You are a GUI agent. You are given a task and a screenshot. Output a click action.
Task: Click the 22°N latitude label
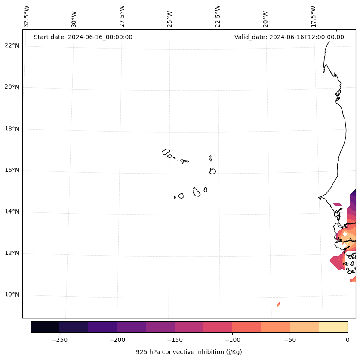coord(12,46)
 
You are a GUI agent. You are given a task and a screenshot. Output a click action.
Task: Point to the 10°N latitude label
coord(12,295)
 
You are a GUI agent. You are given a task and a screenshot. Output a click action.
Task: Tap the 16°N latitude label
coord(12,170)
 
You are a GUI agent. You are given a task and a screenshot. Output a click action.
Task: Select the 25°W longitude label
coord(169,16)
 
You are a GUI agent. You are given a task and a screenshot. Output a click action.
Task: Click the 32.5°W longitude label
coord(27,16)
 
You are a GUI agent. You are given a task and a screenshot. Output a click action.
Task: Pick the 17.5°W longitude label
coord(313,16)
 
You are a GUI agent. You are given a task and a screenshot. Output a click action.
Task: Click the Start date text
coord(83,37)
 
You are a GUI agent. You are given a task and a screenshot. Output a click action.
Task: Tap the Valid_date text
coord(289,37)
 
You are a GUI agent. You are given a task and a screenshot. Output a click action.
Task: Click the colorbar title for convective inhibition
coord(189,352)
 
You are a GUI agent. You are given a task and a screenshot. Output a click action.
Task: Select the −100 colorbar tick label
coord(232,340)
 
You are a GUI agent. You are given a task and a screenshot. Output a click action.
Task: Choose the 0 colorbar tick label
coord(347,340)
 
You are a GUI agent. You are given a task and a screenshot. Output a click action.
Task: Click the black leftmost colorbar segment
coord(45,327)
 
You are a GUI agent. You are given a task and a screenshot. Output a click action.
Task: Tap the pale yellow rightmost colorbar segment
coord(333,327)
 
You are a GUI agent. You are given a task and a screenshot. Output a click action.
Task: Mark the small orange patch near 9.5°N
coord(279,304)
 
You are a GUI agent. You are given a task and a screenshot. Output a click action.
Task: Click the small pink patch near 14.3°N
coord(338,205)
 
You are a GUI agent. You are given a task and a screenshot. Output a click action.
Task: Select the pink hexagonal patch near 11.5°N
coord(337,263)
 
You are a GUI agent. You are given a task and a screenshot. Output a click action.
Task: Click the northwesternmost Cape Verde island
coord(166,152)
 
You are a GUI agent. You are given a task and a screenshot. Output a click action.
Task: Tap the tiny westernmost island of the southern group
coord(175,197)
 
